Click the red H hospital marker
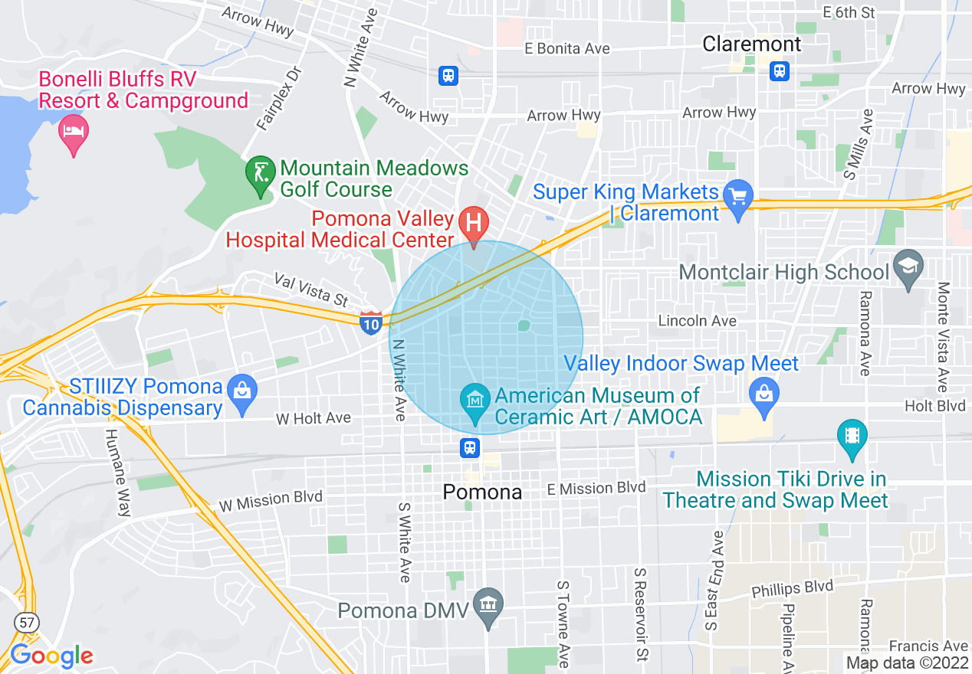pos(474,224)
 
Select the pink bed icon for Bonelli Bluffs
pos(74,132)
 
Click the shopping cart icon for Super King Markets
pos(738,197)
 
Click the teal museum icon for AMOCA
pos(475,400)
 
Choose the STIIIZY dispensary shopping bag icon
pos(242,391)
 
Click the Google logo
pos(51,656)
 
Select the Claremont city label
pos(751,44)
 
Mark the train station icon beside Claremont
pos(779,71)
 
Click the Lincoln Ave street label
pos(698,321)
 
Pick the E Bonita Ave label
pos(567,48)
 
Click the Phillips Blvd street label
pos(792,589)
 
